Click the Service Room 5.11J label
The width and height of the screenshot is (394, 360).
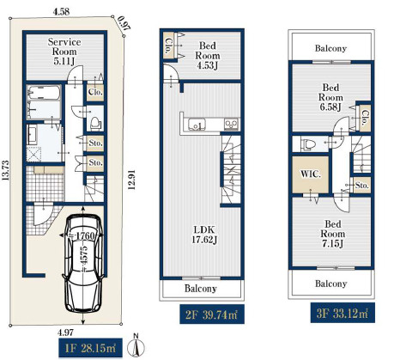(64, 52)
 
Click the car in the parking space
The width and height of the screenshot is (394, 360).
(83, 263)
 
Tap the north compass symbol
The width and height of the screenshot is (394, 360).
(136, 346)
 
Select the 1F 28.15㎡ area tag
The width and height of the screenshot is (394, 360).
(90, 348)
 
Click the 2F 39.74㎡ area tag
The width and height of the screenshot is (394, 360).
(212, 314)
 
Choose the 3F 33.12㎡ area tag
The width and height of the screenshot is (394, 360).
(342, 313)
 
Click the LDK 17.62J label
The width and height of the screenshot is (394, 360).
(204, 235)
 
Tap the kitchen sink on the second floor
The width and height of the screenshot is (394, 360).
(197, 124)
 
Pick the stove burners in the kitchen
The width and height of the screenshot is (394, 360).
(231, 124)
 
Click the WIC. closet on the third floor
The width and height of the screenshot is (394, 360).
(311, 174)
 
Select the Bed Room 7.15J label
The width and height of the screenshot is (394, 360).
(332, 234)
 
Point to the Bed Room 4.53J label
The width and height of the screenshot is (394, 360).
(208, 55)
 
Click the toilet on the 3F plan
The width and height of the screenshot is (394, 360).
(308, 144)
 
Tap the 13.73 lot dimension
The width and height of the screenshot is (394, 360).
(6, 170)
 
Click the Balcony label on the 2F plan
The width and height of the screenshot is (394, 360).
(201, 289)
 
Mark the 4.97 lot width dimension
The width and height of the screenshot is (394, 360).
(65, 333)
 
